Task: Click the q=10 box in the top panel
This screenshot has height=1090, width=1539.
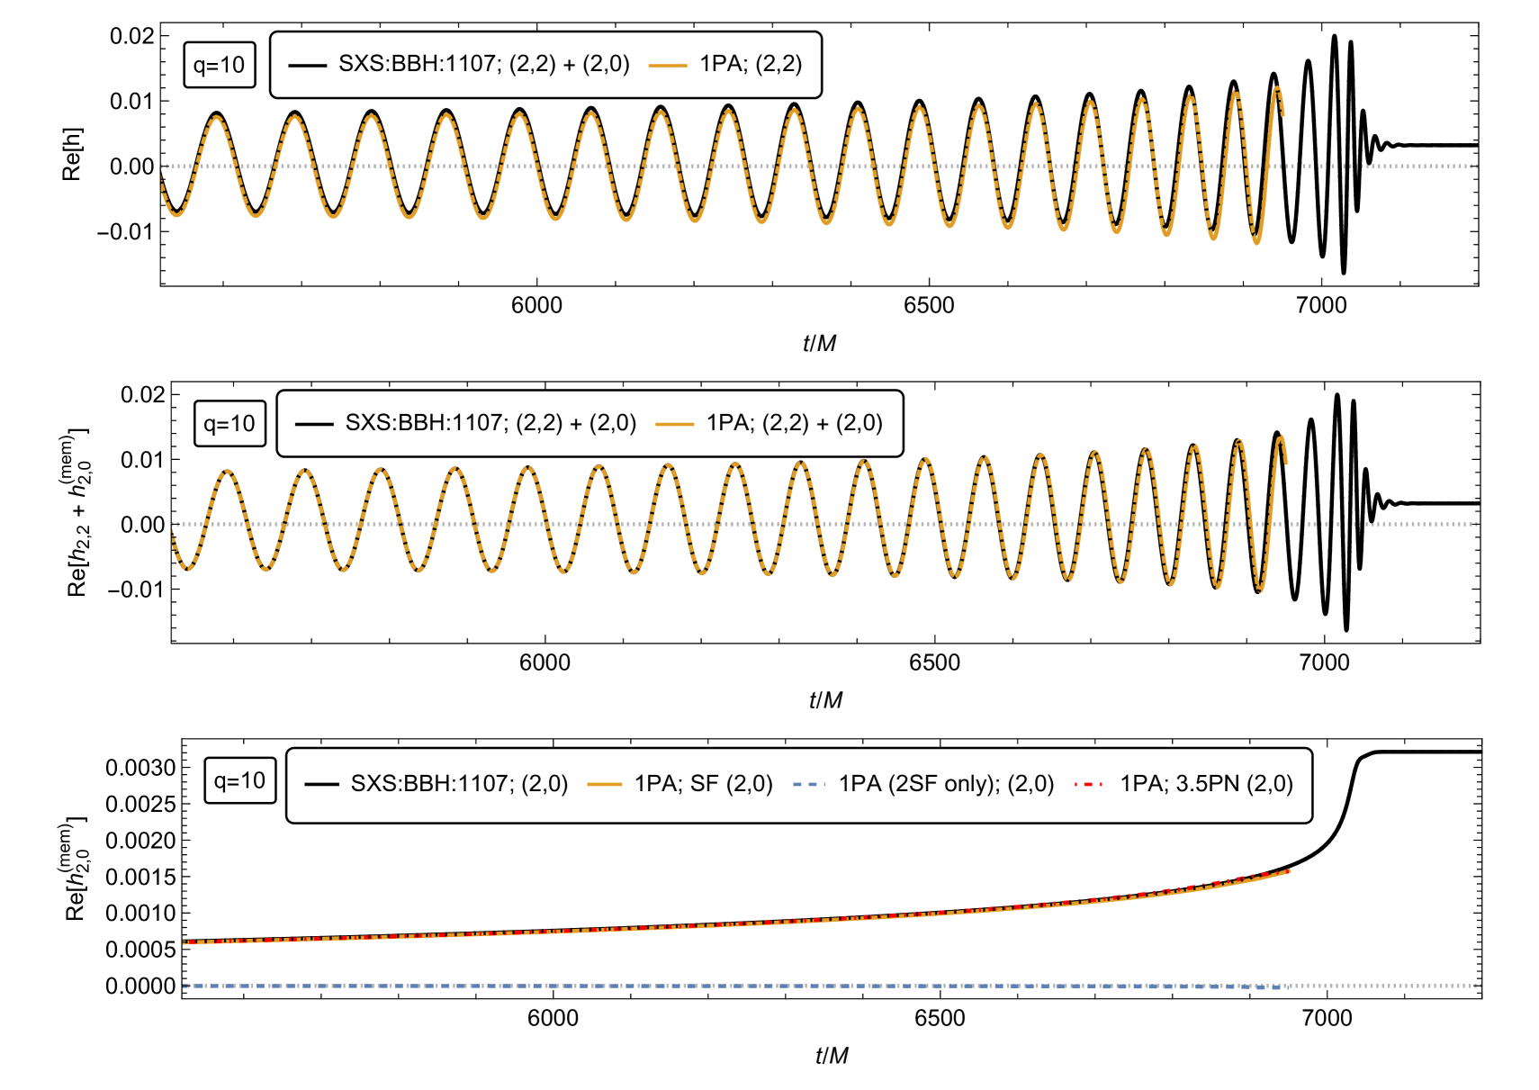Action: [x=220, y=65]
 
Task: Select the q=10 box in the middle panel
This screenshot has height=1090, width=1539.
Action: [x=230, y=424]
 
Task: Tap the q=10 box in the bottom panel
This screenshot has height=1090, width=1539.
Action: [x=240, y=780]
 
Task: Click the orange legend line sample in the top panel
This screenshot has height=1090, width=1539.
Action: [x=668, y=66]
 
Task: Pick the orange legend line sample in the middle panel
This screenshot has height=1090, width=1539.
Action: [x=675, y=424]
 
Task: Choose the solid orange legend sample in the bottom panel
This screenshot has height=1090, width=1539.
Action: [x=605, y=784]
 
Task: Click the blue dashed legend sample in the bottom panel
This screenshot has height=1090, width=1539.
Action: [x=808, y=784]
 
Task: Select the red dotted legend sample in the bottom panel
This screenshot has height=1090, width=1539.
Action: [x=1088, y=784]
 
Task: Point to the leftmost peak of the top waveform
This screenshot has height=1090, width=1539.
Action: [x=217, y=117]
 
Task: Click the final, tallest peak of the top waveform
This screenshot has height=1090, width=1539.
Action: [x=1277, y=88]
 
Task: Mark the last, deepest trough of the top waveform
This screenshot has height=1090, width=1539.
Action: [x=1257, y=242]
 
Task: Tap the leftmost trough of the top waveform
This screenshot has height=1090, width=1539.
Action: [x=176, y=215]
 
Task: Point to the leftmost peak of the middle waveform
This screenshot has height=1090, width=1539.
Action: [x=228, y=471]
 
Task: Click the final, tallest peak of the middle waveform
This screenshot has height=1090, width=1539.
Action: [x=1282, y=437]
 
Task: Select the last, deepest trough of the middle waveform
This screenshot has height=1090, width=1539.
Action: [x=1261, y=590]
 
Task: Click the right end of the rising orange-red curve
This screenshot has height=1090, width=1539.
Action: [x=1290, y=870]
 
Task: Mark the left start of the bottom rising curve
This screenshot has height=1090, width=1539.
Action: [x=184, y=942]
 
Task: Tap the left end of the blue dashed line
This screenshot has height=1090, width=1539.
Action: [x=184, y=986]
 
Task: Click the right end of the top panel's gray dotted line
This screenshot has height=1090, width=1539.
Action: [x=1477, y=166]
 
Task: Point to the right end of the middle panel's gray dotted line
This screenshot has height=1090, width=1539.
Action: [x=1477, y=524]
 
